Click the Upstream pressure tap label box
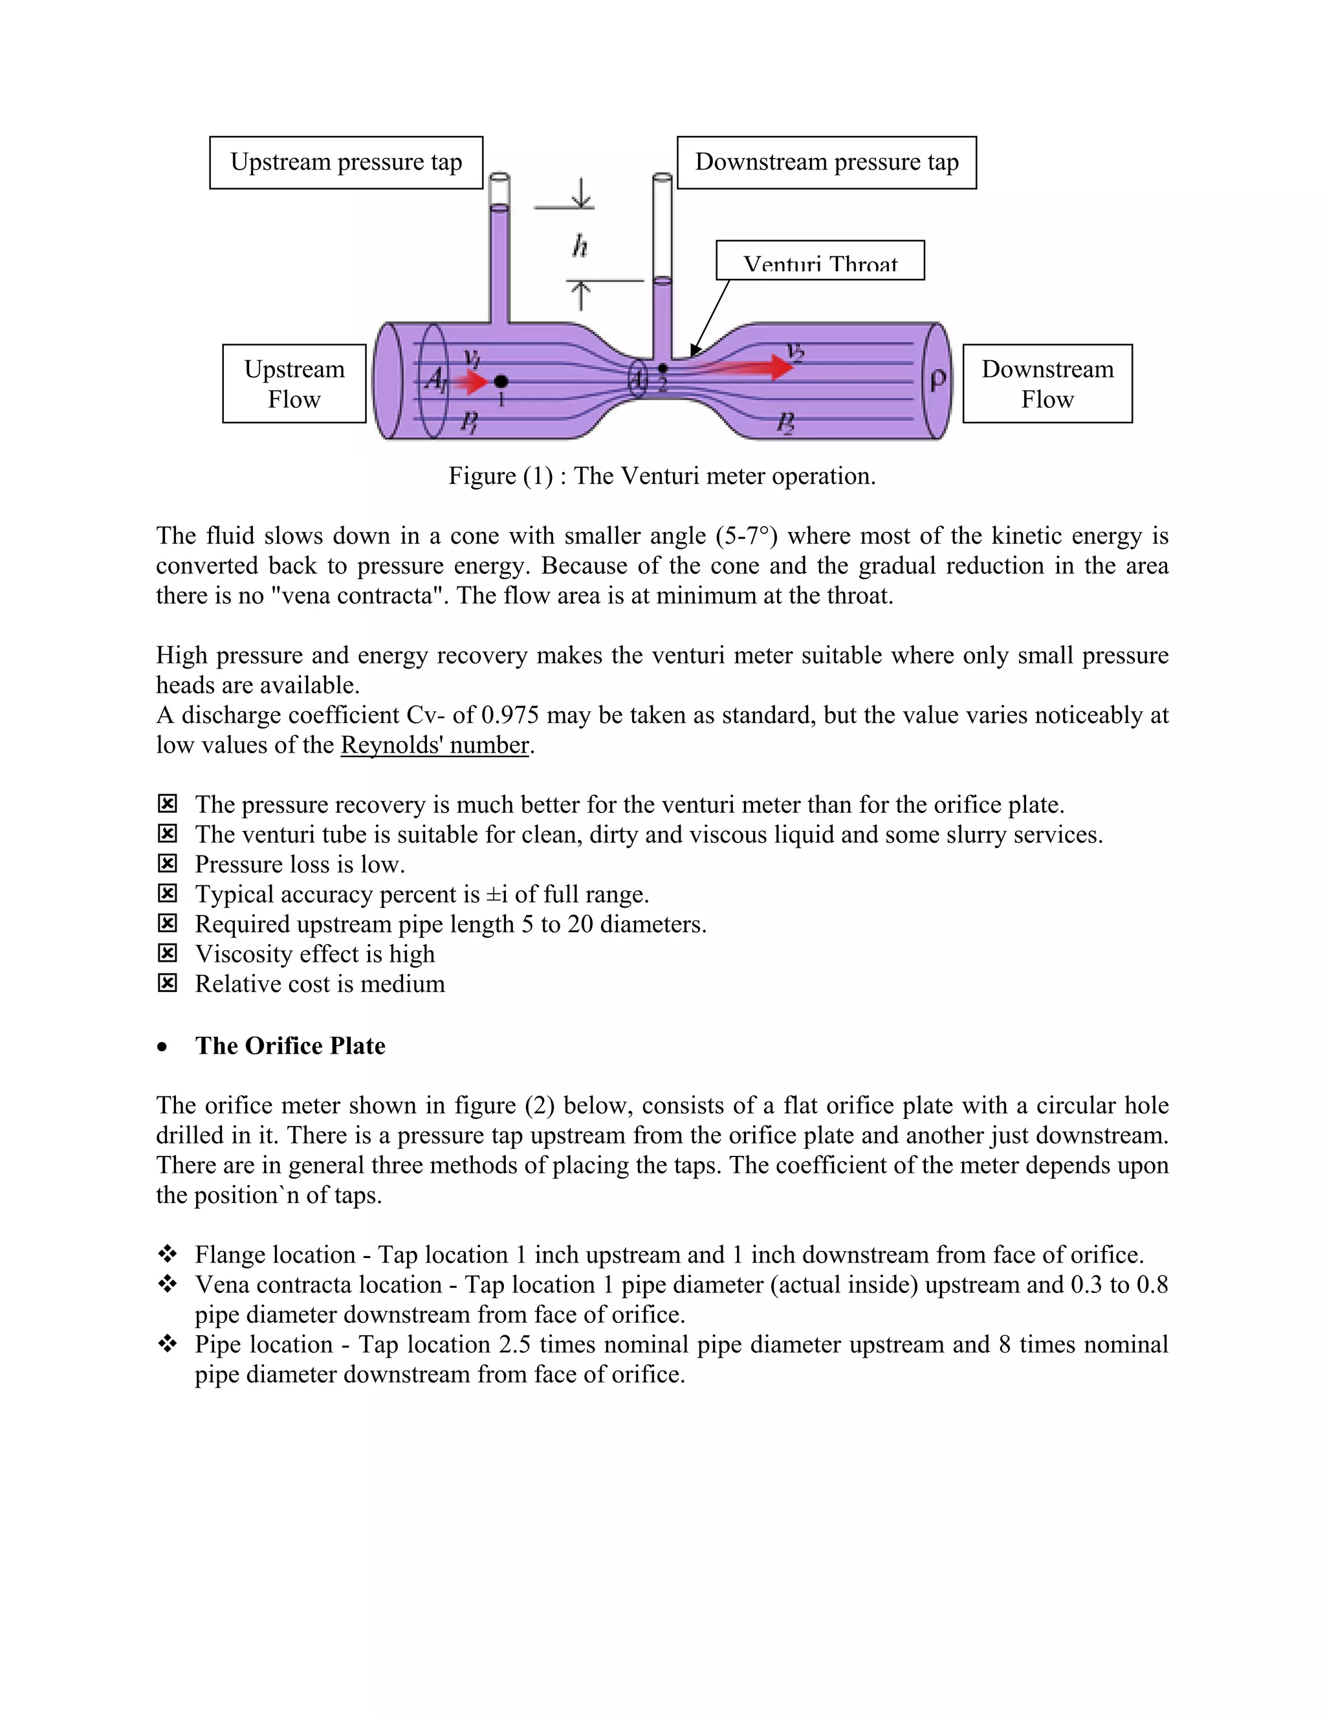[346, 162]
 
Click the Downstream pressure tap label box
[827, 162]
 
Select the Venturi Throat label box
[820, 261]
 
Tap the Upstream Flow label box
[294, 384]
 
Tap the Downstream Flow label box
[1047, 384]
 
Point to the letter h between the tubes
[580, 247]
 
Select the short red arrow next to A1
[472, 382]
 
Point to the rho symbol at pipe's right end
[937, 380]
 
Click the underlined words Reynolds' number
[435, 745]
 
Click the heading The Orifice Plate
[290, 1046]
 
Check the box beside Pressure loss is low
[167, 864]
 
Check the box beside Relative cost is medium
[167, 983]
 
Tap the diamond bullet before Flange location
[167, 1254]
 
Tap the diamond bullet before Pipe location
[167, 1344]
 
